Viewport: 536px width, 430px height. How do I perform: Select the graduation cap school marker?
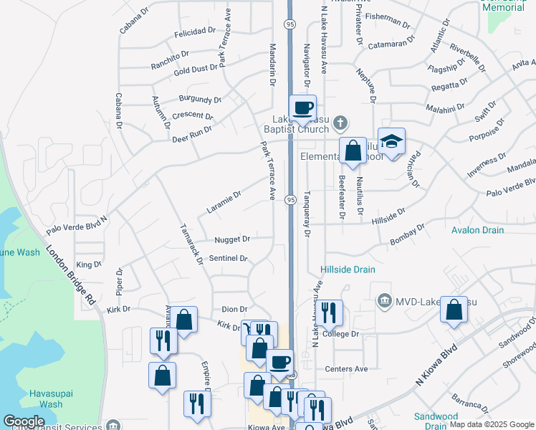(x=392, y=142)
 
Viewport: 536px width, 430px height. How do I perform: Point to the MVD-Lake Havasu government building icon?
(x=385, y=298)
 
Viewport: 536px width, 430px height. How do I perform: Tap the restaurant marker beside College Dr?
(x=330, y=312)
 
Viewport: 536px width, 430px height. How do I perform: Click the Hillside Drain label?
(x=348, y=269)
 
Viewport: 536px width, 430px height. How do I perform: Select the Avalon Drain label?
(x=477, y=230)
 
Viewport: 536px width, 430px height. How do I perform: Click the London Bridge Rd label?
(x=71, y=277)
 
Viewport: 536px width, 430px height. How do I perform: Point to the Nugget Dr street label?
(x=232, y=239)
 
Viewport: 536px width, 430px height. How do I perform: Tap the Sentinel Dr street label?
(x=228, y=258)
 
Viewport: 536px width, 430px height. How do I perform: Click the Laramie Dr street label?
(x=224, y=201)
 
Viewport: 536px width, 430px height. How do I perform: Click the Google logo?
(x=24, y=421)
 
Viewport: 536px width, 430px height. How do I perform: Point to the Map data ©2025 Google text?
(x=491, y=424)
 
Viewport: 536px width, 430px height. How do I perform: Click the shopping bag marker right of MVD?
(x=454, y=310)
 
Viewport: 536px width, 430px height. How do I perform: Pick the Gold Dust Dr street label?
(x=196, y=70)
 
